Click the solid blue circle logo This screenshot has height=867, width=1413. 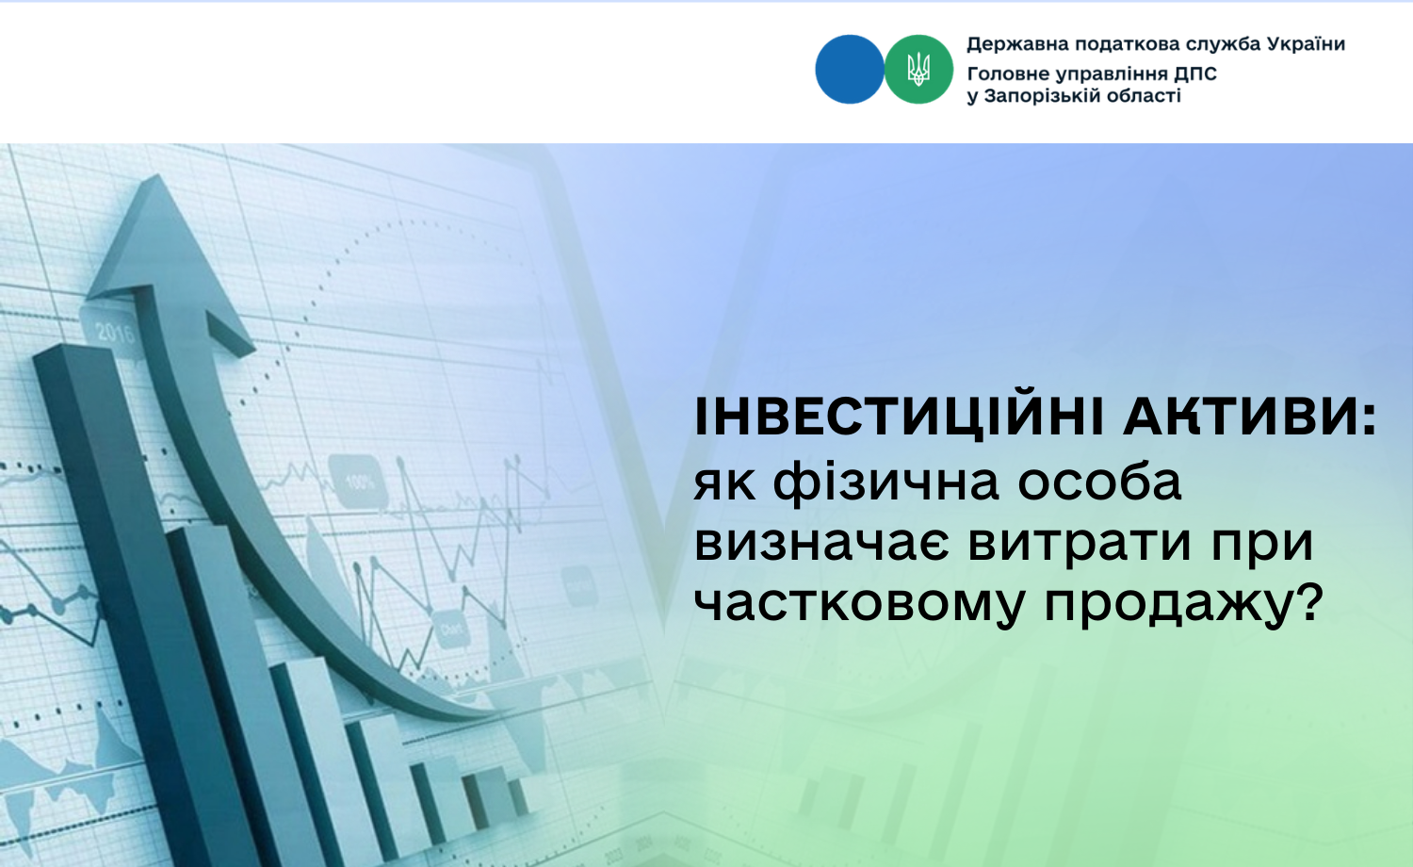(x=849, y=70)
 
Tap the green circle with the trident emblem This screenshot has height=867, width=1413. (x=918, y=70)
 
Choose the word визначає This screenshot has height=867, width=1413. (x=821, y=544)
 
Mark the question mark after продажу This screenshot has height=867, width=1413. (x=1307, y=600)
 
